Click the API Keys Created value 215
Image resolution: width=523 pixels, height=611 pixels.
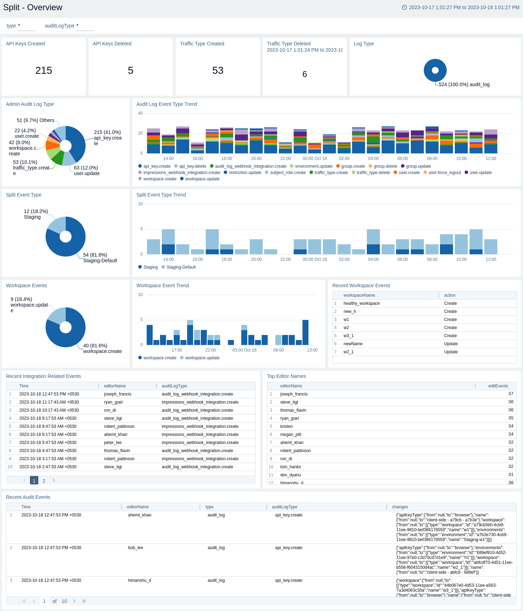click(44, 71)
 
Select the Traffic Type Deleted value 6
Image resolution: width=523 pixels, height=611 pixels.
click(305, 74)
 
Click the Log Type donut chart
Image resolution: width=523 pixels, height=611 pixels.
click(435, 70)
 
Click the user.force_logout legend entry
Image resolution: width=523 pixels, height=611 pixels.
click(444, 173)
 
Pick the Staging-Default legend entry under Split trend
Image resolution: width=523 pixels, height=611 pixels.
click(181, 267)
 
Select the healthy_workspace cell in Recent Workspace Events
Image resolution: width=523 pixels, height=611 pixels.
click(361, 303)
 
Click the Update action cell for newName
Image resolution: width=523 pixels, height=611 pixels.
click(451, 344)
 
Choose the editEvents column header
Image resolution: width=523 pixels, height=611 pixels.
click(498, 386)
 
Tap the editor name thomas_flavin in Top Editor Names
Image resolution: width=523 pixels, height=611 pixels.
click(293, 410)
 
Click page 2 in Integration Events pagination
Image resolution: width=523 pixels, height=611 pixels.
click(44, 481)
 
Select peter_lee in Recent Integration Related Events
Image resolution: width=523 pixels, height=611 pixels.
click(113, 443)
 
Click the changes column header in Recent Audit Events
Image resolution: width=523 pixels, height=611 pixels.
click(400, 507)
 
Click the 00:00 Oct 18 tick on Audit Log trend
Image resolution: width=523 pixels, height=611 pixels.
click(314, 159)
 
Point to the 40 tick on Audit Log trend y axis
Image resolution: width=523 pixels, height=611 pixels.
click(140, 113)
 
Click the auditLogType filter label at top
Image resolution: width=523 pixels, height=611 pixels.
click(59, 26)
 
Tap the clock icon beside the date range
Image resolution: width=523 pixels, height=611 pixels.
click(404, 7)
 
